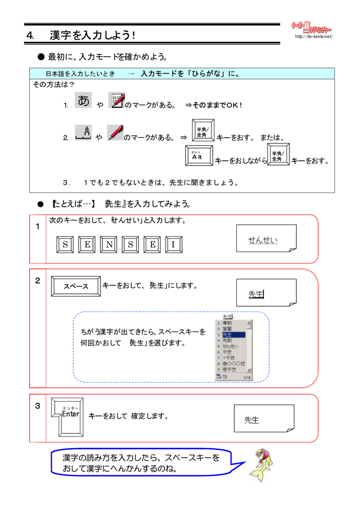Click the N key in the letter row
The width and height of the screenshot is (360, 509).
point(108,245)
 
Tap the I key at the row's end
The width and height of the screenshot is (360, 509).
point(174,245)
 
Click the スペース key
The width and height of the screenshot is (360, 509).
point(76,286)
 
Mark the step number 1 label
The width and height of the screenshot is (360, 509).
point(37,227)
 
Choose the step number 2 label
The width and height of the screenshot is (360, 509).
point(37,281)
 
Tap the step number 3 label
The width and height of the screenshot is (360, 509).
point(37,406)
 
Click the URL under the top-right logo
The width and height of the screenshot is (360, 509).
point(313,37)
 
